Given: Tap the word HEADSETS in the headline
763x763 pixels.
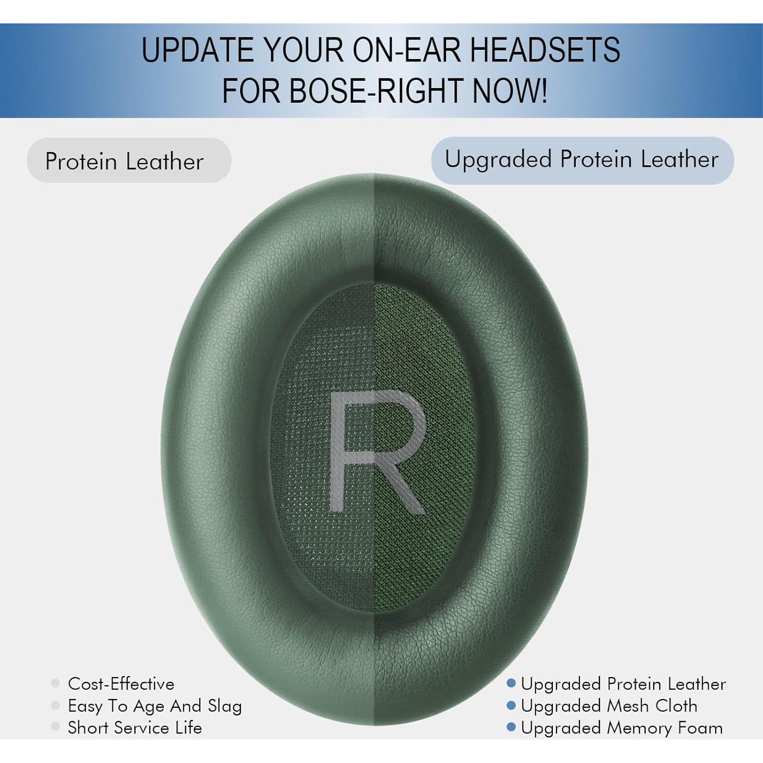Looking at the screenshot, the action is [544, 49].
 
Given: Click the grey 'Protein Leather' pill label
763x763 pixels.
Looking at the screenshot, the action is [129, 161].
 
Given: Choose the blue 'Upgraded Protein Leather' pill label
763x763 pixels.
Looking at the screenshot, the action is [582, 160].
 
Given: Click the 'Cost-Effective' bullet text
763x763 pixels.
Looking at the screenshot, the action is [121, 684].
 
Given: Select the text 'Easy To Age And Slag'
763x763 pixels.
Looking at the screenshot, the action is [155, 706].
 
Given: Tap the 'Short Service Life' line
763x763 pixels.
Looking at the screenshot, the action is [135, 728].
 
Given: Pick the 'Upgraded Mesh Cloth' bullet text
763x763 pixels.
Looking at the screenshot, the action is [609, 706].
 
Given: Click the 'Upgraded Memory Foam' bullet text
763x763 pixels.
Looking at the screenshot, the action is [622, 728].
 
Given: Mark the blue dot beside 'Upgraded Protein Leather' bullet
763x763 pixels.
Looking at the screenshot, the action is [511, 683].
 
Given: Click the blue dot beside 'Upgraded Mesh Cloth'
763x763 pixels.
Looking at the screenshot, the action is [511, 706].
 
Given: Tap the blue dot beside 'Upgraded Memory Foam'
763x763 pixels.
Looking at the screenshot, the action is [511, 727].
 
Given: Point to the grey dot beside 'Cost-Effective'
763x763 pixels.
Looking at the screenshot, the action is [55, 683].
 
